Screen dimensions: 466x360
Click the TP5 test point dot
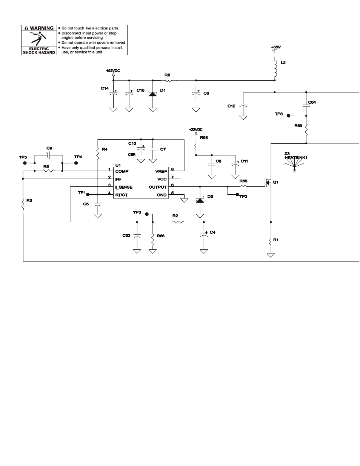pyautogui.click(x=25, y=163)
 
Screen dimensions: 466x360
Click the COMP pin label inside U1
pyautogui.click(x=122, y=171)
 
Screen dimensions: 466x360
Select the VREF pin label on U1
pyautogui.click(x=161, y=171)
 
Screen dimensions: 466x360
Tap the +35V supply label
pyautogui.click(x=276, y=47)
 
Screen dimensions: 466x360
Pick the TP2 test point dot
pyautogui.click(x=237, y=194)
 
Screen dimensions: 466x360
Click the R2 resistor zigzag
pyautogui.click(x=178, y=222)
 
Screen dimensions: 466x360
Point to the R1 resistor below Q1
pyautogui.click(x=271, y=240)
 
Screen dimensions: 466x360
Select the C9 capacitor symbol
pyautogui.click(x=48, y=155)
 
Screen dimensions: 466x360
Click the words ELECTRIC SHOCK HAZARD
pyautogui.click(x=39, y=51)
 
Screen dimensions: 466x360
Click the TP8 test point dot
pyautogui.click(x=288, y=115)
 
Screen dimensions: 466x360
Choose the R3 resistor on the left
pyautogui.click(x=23, y=205)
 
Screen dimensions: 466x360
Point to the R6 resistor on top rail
pyautogui.click(x=168, y=80)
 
